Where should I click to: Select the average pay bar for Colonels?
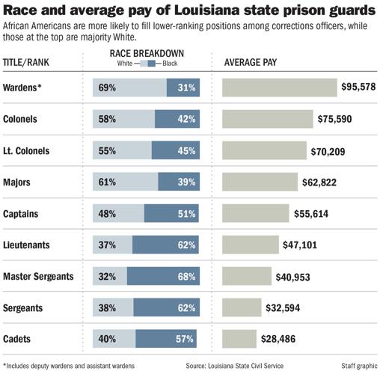click(268, 119)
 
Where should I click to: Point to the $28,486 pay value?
click(278, 339)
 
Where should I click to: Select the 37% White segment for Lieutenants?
click(112, 245)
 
